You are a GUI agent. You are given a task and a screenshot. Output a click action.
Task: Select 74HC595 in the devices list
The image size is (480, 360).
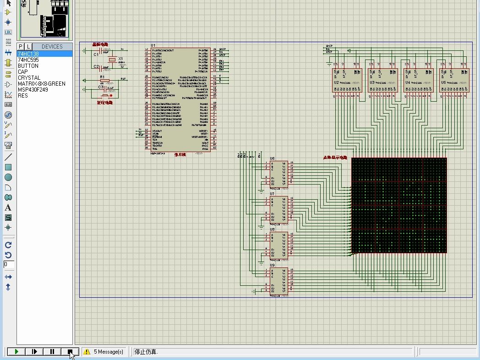[x=28, y=60]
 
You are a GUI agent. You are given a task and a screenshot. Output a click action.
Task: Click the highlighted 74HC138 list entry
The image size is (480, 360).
[x=28, y=54]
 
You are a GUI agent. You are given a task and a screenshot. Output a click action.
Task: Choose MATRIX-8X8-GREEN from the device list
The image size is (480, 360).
[x=42, y=84]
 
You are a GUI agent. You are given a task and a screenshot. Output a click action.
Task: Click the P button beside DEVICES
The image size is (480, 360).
[x=21, y=46]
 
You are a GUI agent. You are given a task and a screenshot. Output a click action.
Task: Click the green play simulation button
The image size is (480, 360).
[x=16, y=352]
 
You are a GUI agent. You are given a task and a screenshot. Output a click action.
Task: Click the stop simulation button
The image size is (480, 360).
[x=70, y=352]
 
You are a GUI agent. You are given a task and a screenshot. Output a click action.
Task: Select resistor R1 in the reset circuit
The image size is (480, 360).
[x=105, y=81]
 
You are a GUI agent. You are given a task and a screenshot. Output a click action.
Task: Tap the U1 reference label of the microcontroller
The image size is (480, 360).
[x=153, y=46]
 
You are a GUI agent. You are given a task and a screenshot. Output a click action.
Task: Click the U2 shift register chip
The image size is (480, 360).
[x=347, y=81]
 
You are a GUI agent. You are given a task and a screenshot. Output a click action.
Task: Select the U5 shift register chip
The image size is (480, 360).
[x=454, y=81]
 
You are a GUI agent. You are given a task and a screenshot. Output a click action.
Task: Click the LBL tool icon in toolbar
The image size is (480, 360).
[x=8, y=33]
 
